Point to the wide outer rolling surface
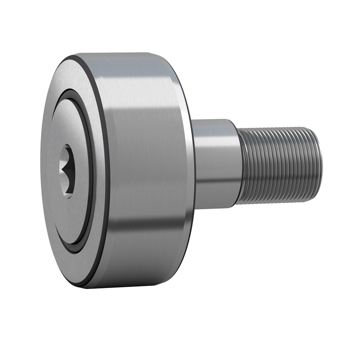click(144, 148)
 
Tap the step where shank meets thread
click(238, 166)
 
